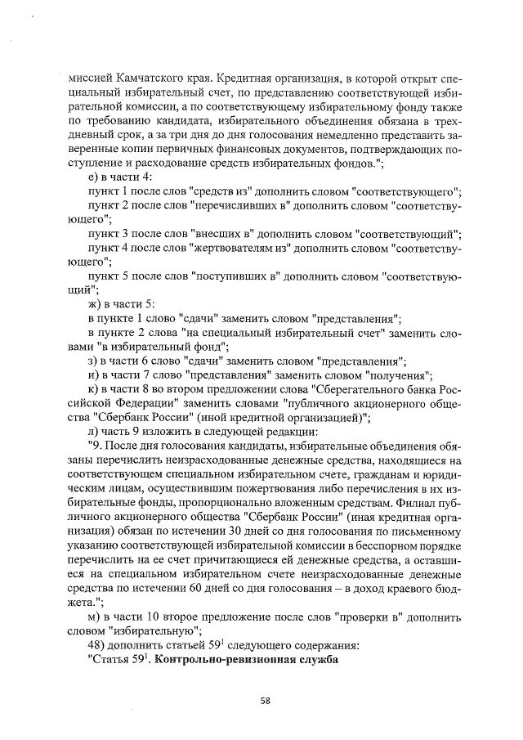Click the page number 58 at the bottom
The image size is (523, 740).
click(x=265, y=700)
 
